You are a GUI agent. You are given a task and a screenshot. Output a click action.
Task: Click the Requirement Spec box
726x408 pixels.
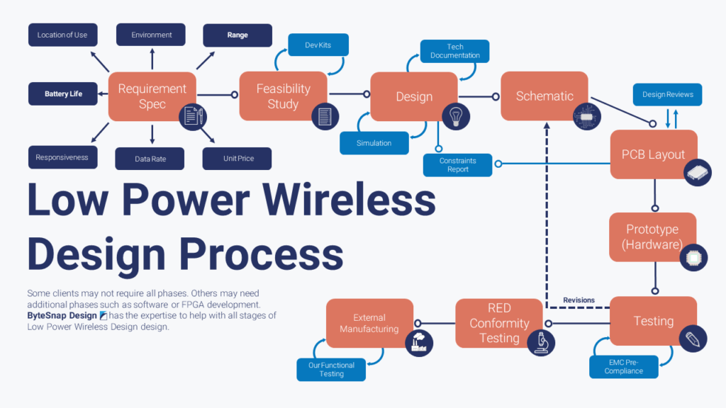pos(152,96)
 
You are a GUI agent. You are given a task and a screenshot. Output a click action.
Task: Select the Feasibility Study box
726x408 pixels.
pos(283,96)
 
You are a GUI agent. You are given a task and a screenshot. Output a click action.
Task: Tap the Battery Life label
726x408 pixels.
pos(62,93)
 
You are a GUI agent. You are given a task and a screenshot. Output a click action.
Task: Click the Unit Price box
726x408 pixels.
pos(238,158)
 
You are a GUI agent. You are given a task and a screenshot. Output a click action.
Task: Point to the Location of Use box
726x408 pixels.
pos(62,35)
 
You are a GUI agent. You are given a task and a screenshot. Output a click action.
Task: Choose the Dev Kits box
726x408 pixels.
pos(318,45)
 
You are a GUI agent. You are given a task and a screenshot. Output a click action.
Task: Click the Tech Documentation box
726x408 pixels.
pos(454,50)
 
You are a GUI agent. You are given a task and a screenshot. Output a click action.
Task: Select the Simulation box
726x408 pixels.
pos(374,143)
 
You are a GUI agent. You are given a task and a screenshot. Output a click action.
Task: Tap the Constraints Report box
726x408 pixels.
pos(457,165)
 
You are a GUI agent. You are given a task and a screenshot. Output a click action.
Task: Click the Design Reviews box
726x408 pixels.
pos(667,94)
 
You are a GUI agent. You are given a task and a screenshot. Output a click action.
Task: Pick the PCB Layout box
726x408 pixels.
pos(653,154)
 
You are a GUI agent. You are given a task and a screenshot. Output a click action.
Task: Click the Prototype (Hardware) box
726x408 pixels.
pos(652,237)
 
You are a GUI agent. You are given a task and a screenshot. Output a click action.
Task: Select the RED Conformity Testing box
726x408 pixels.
pos(499,323)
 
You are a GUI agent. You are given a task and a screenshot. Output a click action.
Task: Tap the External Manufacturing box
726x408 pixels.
pos(369,323)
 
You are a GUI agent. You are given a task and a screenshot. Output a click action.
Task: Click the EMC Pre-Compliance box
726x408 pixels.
pos(623,366)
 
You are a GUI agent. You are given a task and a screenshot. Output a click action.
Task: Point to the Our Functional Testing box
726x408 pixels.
pos(331,370)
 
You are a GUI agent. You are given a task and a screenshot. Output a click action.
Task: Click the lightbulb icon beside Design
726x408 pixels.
pos(456,115)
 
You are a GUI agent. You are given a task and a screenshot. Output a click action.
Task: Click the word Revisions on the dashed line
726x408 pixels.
pos(579,300)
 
